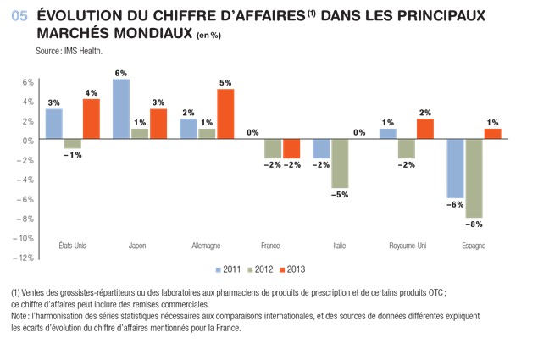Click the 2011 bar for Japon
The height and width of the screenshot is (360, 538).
click(x=121, y=109)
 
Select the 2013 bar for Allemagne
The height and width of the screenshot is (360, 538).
click(x=225, y=114)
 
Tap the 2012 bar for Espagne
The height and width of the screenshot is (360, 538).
click(x=474, y=179)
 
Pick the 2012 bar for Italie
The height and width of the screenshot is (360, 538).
click(x=341, y=163)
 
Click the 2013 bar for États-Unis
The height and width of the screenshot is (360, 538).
click(x=92, y=119)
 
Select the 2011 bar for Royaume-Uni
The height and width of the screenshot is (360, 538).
click(x=388, y=134)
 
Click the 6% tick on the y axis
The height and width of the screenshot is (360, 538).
click(x=27, y=82)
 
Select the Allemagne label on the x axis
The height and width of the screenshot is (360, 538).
click(x=208, y=246)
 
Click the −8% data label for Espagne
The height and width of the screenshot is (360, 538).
click(x=474, y=225)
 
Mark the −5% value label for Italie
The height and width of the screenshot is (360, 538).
click(x=341, y=196)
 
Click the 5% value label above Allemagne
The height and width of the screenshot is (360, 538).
click(x=225, y=83)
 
